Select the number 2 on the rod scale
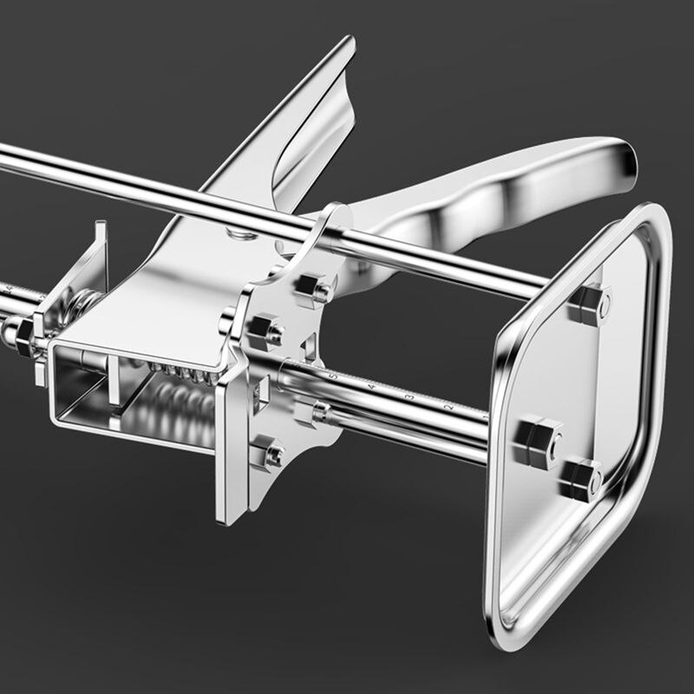(448, 406)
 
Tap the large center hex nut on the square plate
(539, 441)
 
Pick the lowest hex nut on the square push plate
(579, 480)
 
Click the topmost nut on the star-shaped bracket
(314, 288)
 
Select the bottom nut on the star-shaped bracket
(267, 453)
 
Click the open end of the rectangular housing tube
(82, 390)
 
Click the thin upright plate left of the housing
(97, 260)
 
